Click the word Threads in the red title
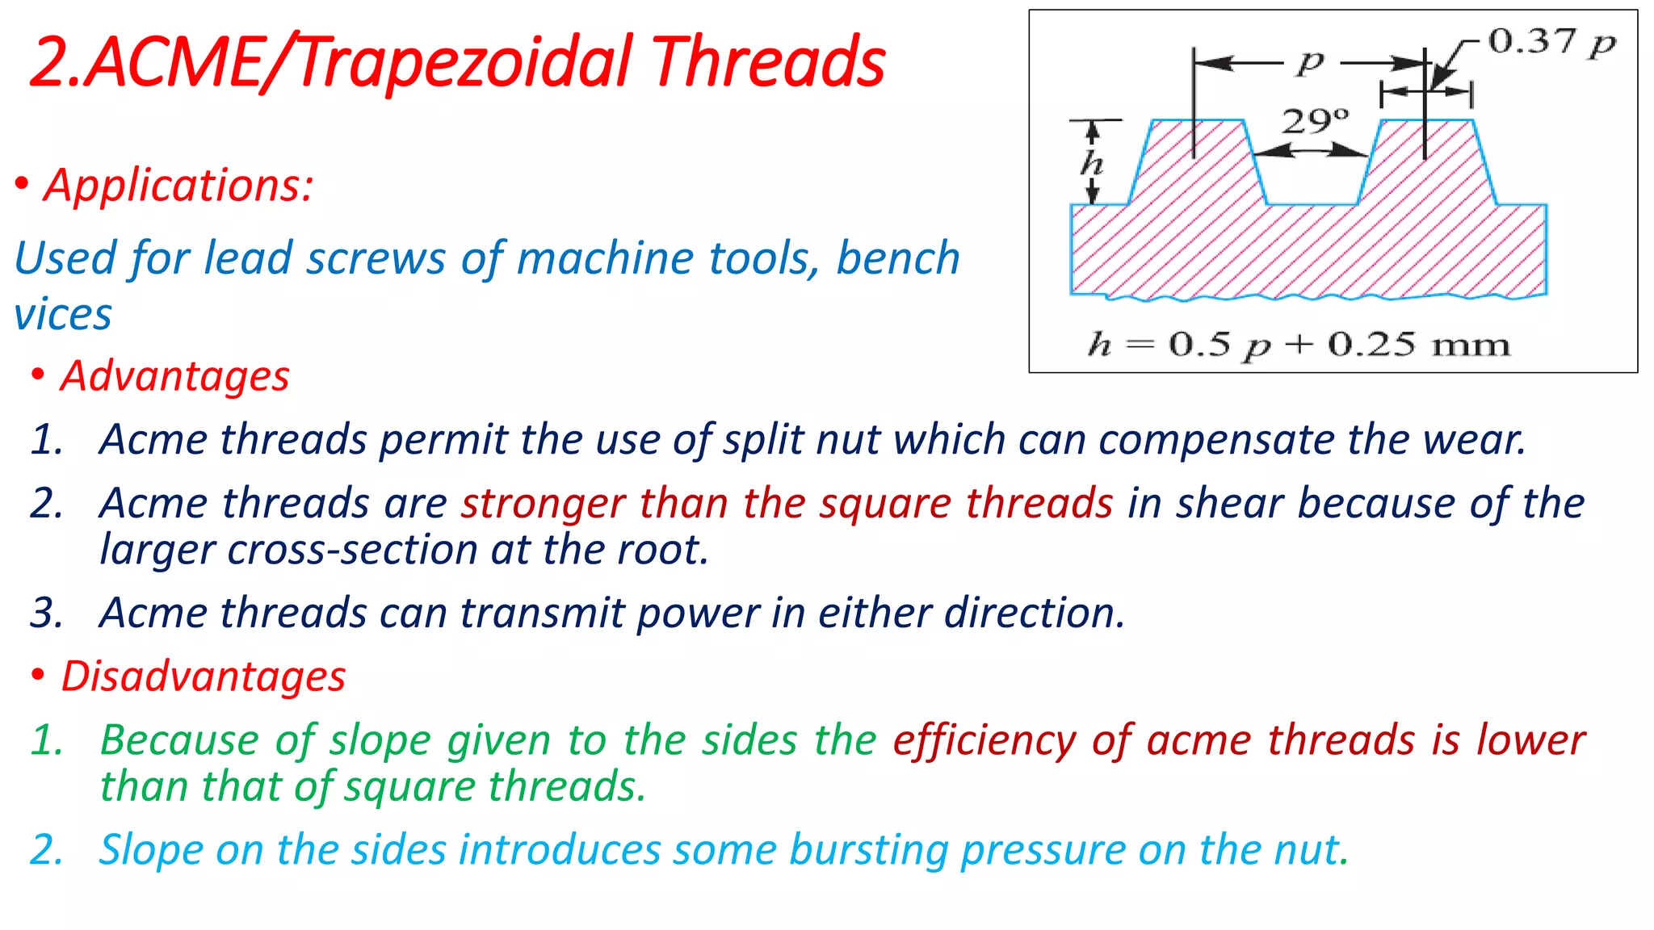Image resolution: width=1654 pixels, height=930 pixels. click(x=768, y=63)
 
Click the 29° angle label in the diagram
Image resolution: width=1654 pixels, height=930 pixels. click(x=1316, y=121)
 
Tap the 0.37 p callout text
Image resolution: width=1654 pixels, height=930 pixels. click(x=1551, y=42)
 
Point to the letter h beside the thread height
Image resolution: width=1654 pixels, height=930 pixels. click(x=1092, y=163)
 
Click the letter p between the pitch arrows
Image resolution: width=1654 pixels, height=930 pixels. click(x=1311, y=61)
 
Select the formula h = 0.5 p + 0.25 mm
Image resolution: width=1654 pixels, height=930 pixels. click(x=1299, y=346)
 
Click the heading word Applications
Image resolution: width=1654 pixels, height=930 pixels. click(x=178, y=186)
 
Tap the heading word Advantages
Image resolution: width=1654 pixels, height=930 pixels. click(x=175, y=376)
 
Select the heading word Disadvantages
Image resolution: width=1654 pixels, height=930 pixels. click(x=204, y=677)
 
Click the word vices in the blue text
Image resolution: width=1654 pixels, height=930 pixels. click(x=63, y=315)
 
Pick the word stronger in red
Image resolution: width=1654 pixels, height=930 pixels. click(x=544, y=504)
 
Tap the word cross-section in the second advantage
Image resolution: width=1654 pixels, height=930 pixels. click(x=354, y=551)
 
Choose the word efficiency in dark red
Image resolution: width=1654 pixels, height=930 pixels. click(x=984, y=741)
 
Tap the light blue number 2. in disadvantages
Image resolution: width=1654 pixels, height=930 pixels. click(x=47, y=851)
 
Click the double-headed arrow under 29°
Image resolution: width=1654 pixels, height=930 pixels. click(x=1312, y=150)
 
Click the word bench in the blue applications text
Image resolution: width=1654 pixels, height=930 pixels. click(x=897, y=258)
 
